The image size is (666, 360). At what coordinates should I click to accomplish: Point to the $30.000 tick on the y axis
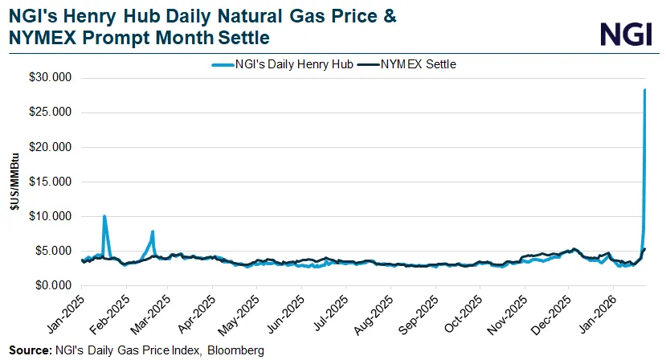click(x=51, y=78)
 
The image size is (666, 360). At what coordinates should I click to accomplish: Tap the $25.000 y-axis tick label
click(x=51, y=112)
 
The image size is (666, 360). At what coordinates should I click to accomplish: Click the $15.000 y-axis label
click(x=51, y=182)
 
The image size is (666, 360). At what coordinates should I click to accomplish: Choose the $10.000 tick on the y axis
click(x=51, y=216)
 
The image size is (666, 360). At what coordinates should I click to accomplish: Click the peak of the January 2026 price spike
click(x=645, y=90)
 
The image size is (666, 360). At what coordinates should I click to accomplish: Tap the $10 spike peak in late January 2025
click(x=104, y=216)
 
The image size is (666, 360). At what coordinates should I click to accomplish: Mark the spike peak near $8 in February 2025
click(x=153, y=231)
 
